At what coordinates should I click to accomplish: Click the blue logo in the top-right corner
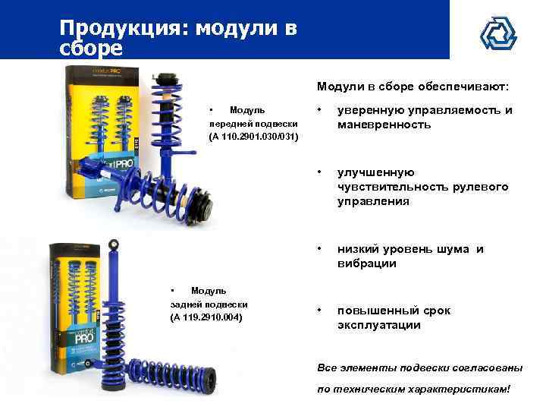(498, 31)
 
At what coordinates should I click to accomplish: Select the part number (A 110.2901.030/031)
(253, 137)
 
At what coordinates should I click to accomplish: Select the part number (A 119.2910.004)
(206, 316)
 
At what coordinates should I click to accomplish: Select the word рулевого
(482, 187)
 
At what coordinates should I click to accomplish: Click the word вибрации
(367, 263)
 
